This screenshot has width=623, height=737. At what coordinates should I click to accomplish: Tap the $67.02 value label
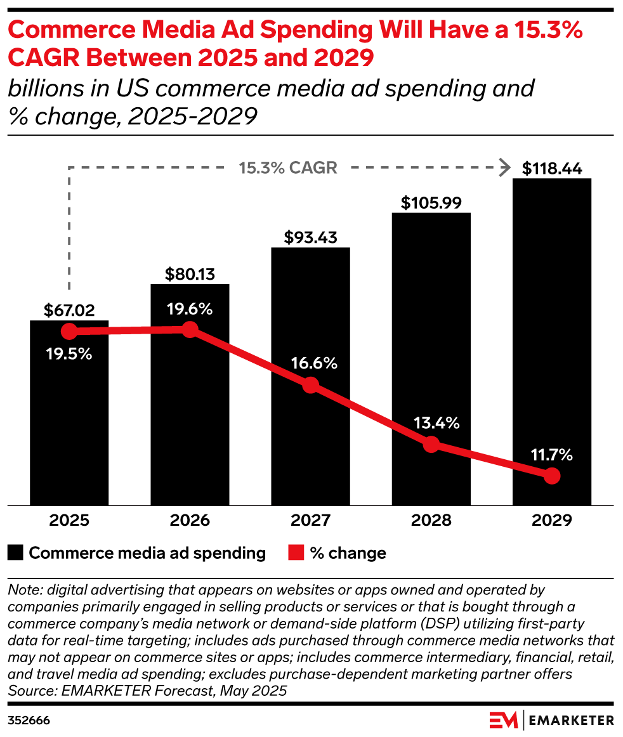[69, 310]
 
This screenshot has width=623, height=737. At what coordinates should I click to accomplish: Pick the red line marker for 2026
[190, 330]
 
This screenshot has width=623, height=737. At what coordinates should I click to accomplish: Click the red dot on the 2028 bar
[431, 445]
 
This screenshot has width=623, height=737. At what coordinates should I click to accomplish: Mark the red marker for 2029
[551, 476]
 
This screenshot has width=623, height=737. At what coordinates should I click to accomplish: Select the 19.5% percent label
[69, 354]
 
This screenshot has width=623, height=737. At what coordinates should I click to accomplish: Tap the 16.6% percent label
[310, 364]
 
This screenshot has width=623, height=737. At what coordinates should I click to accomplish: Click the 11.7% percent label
[551, 455]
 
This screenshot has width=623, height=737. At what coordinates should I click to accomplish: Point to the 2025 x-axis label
[69, 521]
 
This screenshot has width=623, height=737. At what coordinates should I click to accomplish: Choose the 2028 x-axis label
[431, 521]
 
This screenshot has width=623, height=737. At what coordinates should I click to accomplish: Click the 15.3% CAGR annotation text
[288, 168]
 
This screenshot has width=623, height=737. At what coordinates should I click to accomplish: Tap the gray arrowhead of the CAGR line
[505, 168]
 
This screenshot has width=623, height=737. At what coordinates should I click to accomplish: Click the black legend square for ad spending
[16, 553]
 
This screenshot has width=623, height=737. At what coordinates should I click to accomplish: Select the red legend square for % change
[296, 553]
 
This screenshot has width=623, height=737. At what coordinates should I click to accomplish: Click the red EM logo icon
[503, 721]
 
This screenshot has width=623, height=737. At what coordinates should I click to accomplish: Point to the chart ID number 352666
[29, 721]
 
